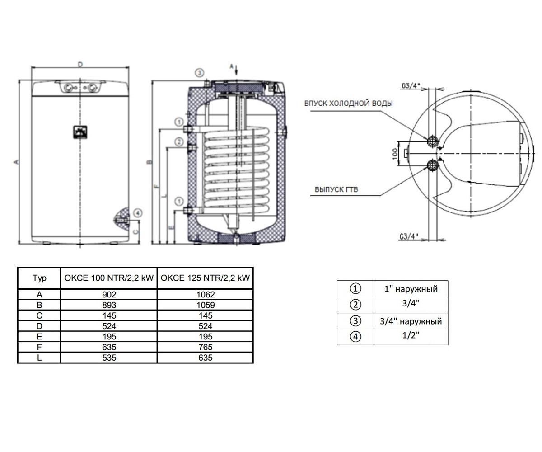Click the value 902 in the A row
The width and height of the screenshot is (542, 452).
109,295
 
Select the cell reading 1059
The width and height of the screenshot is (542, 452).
206,305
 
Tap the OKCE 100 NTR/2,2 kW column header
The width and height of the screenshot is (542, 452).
109,278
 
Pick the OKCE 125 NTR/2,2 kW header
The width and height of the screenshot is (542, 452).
206,278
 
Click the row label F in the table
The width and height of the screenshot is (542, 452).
39,347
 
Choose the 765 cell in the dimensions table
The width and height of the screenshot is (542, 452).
206,347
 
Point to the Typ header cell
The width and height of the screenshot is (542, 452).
39,278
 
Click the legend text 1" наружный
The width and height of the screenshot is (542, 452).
411,289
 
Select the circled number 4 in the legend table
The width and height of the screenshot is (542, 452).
355,337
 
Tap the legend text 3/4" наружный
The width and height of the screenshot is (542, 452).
411,321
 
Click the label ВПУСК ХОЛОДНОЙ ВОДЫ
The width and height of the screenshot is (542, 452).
348,104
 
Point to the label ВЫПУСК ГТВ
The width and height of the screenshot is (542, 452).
336,189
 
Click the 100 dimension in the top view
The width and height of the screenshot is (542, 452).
395,154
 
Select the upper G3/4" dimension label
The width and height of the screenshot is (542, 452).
411,85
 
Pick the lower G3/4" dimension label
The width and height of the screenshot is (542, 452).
409,236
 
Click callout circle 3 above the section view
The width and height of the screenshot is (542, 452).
199,73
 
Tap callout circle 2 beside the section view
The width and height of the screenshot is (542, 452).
179,142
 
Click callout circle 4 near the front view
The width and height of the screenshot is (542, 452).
138,213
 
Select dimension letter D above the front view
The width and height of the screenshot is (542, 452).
80,64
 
